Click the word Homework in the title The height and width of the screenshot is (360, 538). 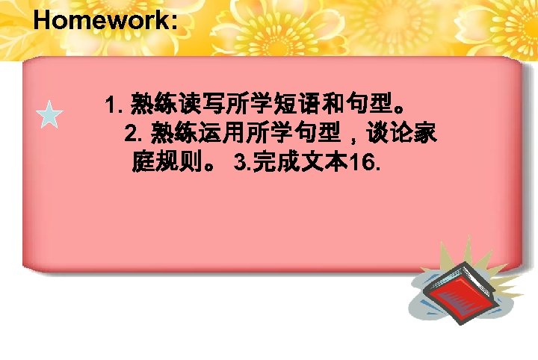click(x=101, y=20)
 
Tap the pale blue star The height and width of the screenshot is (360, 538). click(x=49, y=117)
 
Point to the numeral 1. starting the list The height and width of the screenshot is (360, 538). click(x=116, y=102)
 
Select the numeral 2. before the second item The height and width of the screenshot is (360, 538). click(x=136, y=134)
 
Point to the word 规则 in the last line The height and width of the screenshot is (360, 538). click(x=184, y=163)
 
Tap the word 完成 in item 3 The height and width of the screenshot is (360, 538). click(x=272, y=163)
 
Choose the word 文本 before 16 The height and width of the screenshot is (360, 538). click(x=319, y=163)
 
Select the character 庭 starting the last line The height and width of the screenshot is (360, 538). click(x=143, y=163)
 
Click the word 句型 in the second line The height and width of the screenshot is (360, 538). click(x=312, y=134)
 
